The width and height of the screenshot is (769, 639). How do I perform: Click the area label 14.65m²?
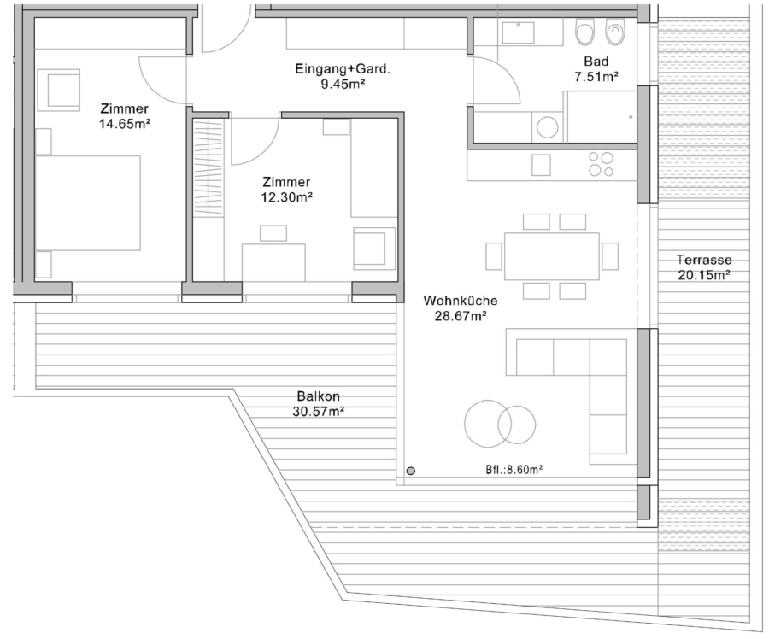pos(125,124)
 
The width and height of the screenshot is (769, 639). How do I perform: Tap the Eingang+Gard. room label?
pos(343,69)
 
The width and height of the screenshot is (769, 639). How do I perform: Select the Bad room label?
pos(596,62)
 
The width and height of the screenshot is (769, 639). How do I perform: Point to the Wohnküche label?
pos(461,300)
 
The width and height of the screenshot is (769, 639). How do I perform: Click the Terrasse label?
pos(704,260)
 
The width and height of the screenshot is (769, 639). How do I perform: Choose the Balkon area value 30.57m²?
pos(319,412)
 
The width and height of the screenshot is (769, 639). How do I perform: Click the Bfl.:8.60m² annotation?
pos(514,469)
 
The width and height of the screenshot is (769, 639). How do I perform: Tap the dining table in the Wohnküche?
pos(552,256)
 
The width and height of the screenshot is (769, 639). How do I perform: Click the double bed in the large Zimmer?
pos(88,203)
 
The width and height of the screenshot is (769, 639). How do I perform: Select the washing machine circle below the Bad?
pos(548,127)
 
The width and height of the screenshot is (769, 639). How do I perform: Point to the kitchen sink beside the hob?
pos(541,165)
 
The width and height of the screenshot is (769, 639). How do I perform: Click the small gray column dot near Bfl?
pos(411,471)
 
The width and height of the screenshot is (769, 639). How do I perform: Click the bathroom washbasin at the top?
pos(518,32)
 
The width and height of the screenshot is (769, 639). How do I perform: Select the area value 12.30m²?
pos(287,197)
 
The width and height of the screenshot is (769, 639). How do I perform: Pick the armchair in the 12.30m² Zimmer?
pos(374,248)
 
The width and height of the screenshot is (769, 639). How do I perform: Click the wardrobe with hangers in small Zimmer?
pos(208,167)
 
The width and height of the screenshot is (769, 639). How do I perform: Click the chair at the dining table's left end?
pos(494,256)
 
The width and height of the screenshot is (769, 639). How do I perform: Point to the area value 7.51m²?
pos(596,77)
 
